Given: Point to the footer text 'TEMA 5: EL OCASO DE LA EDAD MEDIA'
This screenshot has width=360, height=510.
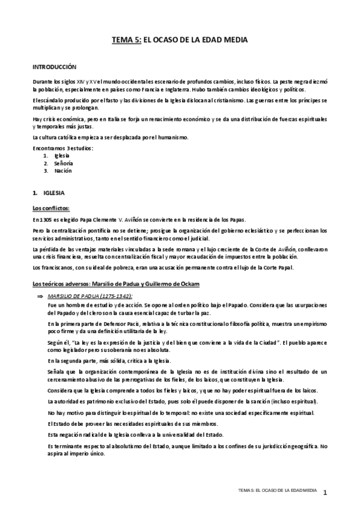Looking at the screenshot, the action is click(277, 491).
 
